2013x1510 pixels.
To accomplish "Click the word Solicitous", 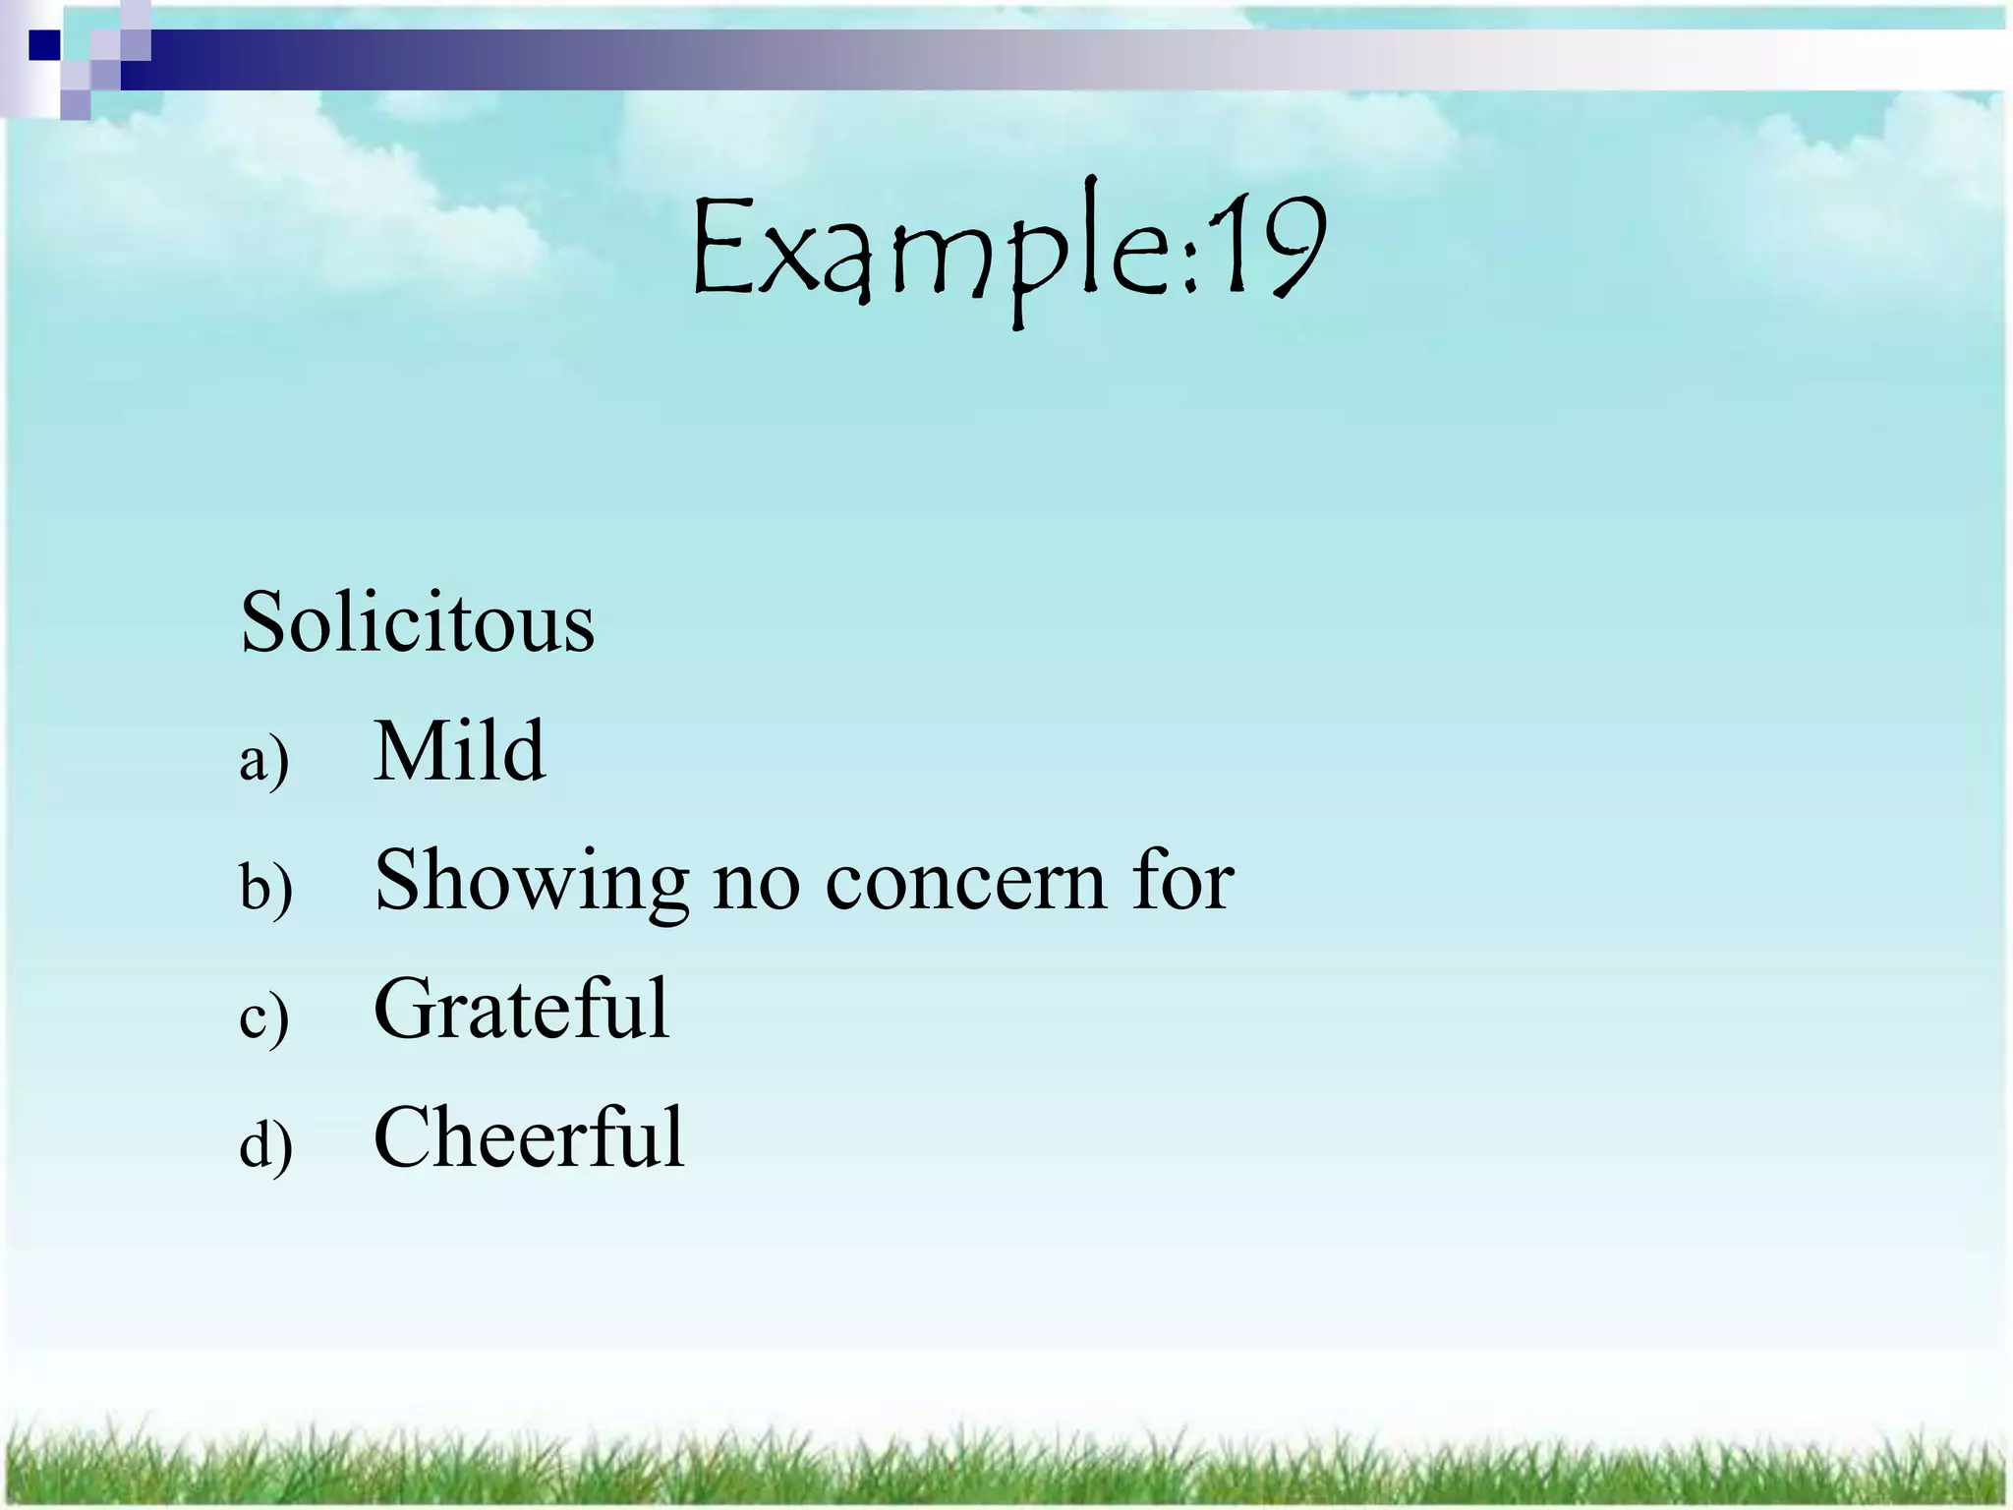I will [417, 622].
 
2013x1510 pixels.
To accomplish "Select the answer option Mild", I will [459, 751].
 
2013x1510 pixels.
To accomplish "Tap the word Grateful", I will [521, 1009].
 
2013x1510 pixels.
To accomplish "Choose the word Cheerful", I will [529, 1137].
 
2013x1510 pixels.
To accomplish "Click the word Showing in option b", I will [531, 882].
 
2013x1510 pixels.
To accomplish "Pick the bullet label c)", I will [263, 1016].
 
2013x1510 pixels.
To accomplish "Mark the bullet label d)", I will [265, 1145].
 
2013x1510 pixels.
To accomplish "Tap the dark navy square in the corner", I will [43, 45].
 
